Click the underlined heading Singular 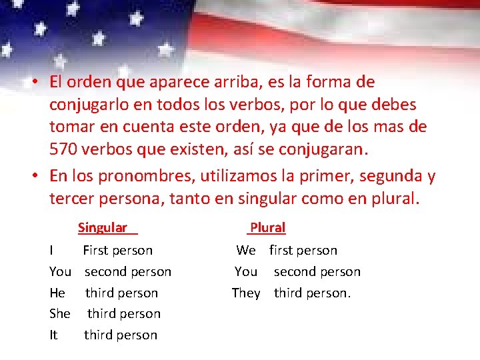[103, 228]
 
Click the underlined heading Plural [267, 228]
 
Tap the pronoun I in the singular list [52, 251]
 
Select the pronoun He [57, 293]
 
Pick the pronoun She [59, 313]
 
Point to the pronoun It [53, 335]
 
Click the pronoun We [246, 251]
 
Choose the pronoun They [246, 293]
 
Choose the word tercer [73, 198]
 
